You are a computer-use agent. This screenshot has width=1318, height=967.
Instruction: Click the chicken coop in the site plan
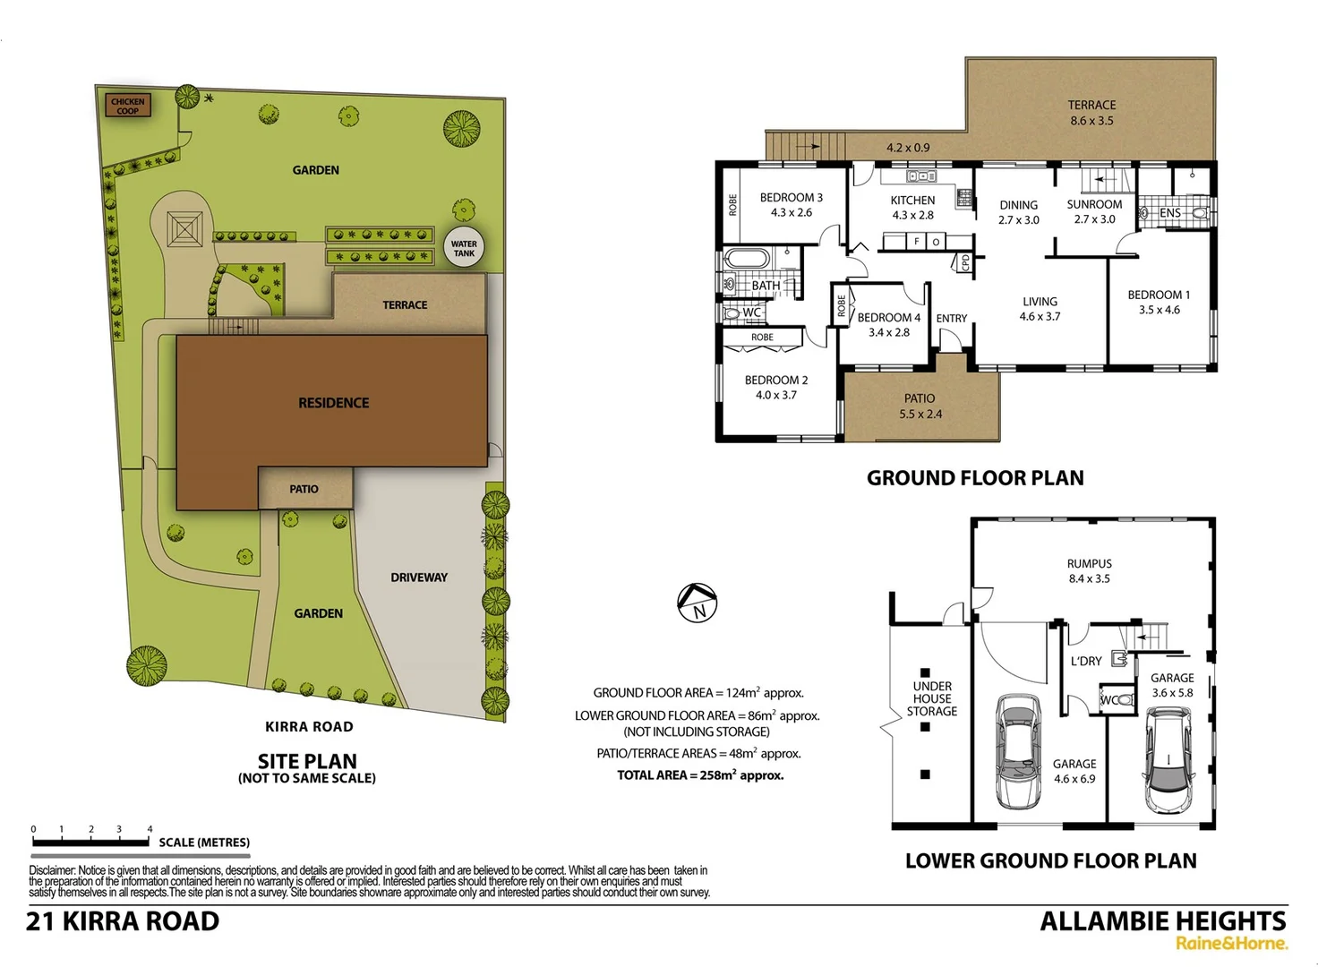coord(127,106)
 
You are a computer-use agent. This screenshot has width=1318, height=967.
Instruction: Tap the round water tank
coord(464,248)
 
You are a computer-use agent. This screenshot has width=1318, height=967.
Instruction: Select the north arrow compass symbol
coord(698,603)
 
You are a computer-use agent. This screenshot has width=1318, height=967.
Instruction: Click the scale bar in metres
coord(90,841)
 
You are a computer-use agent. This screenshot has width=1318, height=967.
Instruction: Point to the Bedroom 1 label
coord(1159,295)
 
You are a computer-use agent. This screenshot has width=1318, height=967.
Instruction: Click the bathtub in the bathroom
coord(748,260)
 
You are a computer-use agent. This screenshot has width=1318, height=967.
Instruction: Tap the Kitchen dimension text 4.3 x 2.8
coord(912,215)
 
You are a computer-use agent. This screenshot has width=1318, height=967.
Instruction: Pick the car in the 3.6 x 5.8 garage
coord(1168,760)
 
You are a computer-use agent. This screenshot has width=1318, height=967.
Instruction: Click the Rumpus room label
coord(1089,564)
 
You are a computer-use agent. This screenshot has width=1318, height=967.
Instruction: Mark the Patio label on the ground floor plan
coord(920,398)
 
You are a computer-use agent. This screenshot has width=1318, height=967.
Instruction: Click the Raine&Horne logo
coord(1231,943)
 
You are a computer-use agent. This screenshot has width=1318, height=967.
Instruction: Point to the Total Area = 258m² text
coord(700,775)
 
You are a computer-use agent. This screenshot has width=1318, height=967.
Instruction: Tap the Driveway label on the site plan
coord(419,578)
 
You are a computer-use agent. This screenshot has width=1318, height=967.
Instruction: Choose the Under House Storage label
coord(932,698)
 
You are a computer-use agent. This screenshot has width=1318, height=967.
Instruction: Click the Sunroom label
coord(1094,204)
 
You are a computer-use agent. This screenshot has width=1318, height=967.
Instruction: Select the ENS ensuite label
coord(1169,213)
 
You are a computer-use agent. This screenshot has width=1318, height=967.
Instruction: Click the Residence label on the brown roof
coord(333,403)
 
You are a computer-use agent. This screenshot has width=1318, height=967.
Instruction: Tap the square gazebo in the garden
coord(184,229)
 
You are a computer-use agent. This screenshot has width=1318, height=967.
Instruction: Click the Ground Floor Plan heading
coord(975,478)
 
